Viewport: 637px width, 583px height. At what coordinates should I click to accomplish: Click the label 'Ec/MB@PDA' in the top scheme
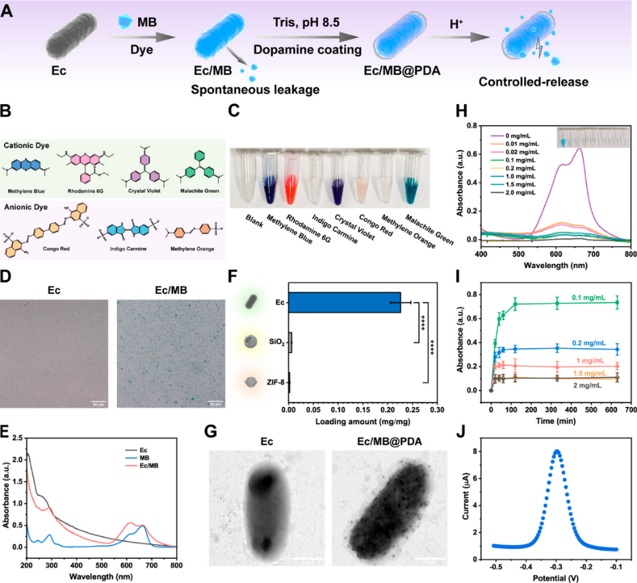coord(405,70)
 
